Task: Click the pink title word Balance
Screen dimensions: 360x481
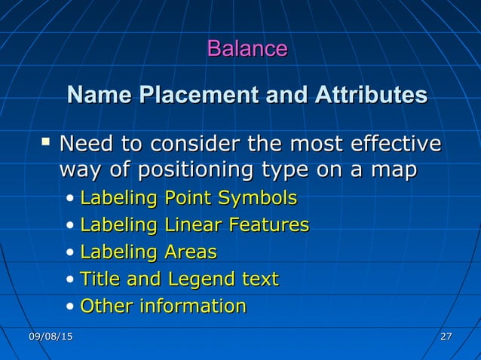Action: (x=247, y=49)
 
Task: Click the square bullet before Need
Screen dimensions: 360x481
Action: (x=47, y=141)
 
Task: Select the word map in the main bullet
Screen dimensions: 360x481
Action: (x=394, y=172)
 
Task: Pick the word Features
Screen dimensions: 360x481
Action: (x=269, y=224)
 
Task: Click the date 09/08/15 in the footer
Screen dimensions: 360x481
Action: (x=51, y=336)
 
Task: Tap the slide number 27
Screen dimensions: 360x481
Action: (x=446, y=336)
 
